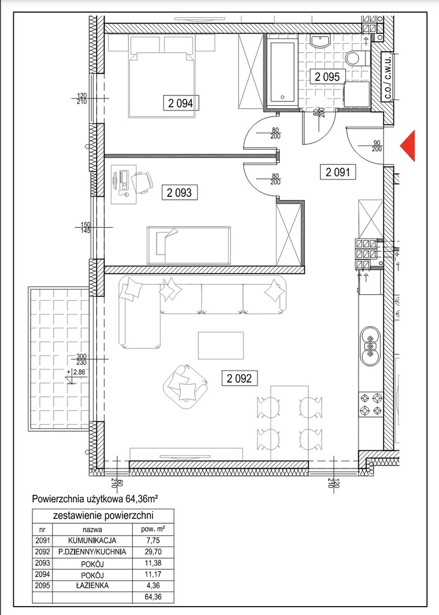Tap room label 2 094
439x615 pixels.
180,103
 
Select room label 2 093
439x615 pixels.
179,193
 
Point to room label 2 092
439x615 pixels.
239,378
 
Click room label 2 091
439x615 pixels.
338,172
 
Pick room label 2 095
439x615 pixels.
328,76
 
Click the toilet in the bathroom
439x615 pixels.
356,58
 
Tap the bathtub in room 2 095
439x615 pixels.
281,71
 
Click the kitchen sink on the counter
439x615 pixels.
370,346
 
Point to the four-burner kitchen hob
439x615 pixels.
370,404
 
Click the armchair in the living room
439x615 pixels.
185,387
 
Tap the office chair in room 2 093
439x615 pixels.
142,182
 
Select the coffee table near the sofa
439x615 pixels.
221,345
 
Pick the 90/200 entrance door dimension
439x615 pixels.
377,146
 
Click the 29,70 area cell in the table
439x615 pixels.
152,552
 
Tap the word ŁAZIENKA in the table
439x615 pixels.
92,586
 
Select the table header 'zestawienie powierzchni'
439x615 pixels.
103,515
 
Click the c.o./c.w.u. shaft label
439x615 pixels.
387,76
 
